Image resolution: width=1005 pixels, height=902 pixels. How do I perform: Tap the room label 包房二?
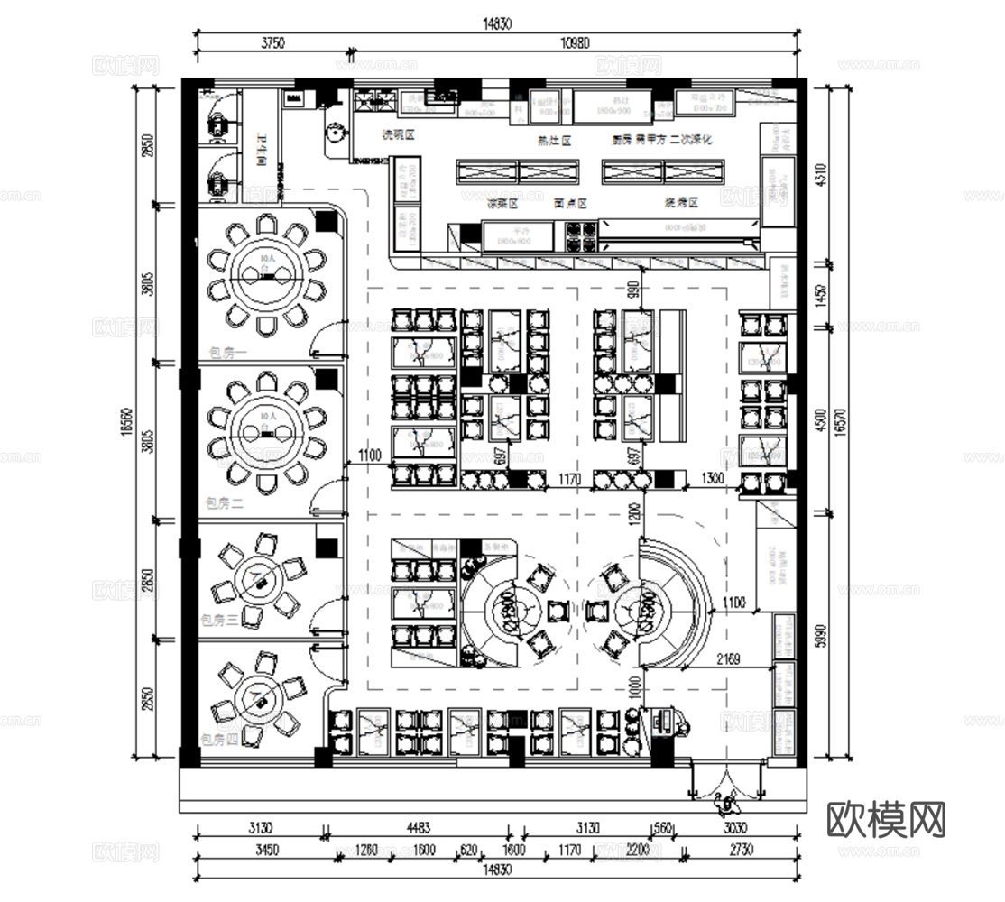coord(224,503)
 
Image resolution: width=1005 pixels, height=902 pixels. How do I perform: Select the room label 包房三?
coord(220,620)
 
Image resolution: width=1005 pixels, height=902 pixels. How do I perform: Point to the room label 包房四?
coord(220,740)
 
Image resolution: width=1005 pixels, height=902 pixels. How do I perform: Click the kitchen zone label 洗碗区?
coord(397,134)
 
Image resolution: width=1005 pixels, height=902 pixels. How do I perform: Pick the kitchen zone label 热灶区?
coord(554,141)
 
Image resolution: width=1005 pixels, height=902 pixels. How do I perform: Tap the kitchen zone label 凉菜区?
coord(503,204)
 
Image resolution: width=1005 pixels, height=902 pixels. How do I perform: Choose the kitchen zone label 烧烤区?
coord(682,202)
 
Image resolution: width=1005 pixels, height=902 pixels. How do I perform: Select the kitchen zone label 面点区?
coord(570,204)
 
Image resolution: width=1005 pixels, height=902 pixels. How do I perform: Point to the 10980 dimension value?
coord(573,42)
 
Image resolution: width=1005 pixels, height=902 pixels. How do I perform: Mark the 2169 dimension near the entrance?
coord(728,659)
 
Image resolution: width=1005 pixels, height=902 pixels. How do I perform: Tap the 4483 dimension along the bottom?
coord(419,828)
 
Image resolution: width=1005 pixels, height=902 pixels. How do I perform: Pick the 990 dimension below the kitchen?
coord(632,291)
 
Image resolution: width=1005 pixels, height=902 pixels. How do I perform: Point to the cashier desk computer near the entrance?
coord(668,718)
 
